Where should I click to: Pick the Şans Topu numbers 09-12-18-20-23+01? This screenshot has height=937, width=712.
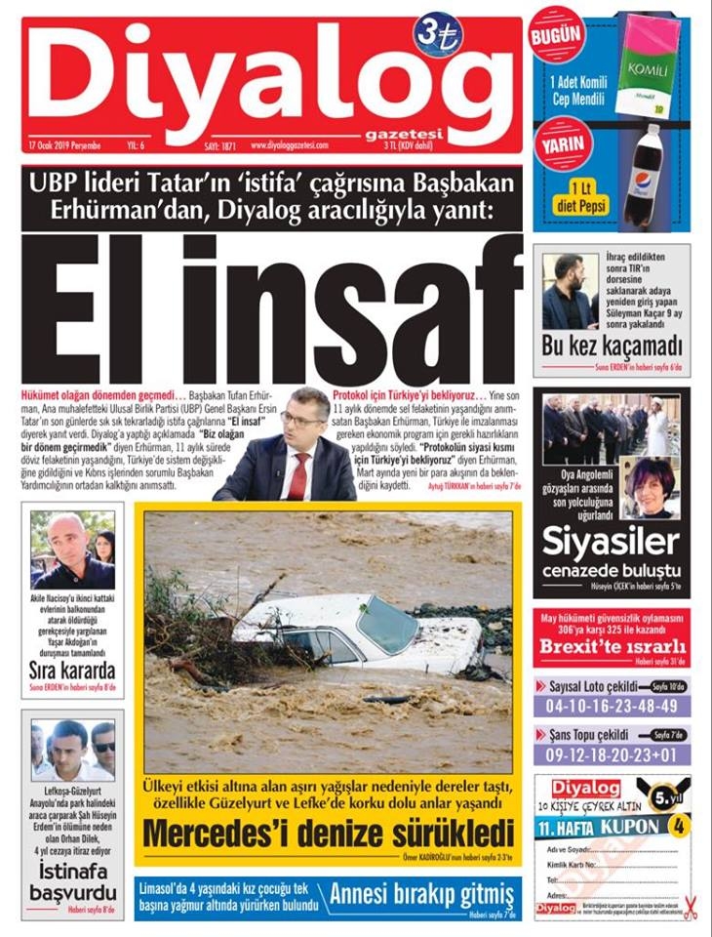(x=612, y=754)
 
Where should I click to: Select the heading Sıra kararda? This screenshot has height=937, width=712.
(x=72, y=671)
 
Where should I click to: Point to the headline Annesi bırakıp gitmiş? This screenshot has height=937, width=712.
(x=421, y=894)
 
